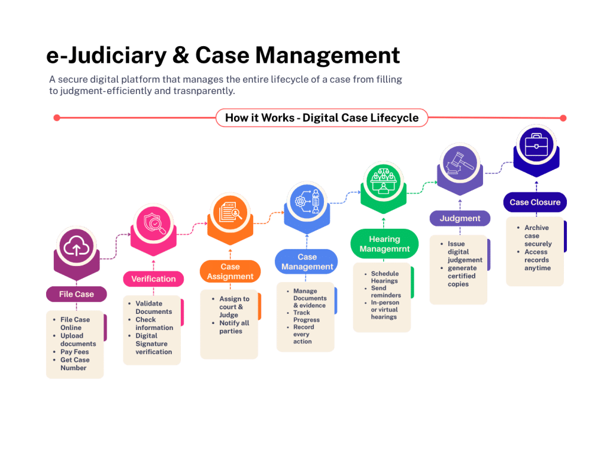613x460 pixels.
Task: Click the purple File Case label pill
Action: click(76, 294)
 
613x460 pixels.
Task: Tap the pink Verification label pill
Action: click(153, 279)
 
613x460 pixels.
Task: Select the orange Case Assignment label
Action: click(230, 271)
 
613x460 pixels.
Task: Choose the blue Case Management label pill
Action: click(306, 262)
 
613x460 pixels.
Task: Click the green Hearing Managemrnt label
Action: click(384, 244)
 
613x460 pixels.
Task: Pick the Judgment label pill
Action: click(460, 218)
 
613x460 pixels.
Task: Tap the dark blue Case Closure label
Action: click(535, 202)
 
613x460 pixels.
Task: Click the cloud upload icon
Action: click(77, 247)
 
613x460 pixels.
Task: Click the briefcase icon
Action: click(536, 145)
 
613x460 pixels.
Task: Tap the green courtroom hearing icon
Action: click(384, 181)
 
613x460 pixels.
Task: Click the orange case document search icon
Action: click(230, 211)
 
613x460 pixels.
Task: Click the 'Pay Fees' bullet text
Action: click(74, 352)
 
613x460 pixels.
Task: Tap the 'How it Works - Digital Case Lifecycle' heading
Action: click(321, 118)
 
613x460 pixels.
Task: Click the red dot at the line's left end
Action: click(57, 118)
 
